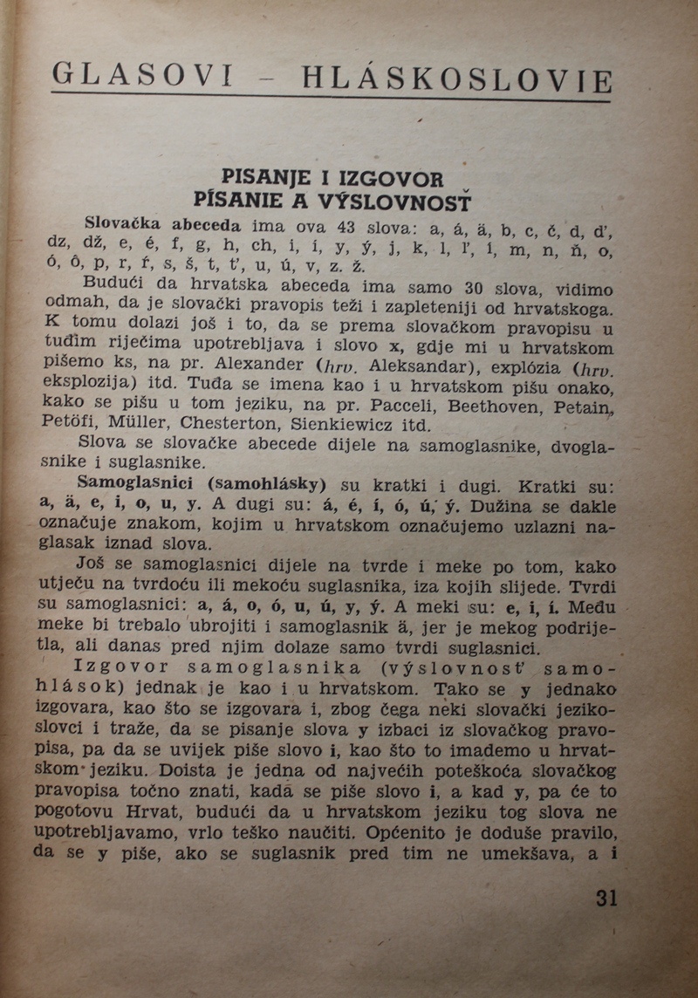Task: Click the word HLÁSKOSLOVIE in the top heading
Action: pos(456,79)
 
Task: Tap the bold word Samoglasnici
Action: pos(131,482)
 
